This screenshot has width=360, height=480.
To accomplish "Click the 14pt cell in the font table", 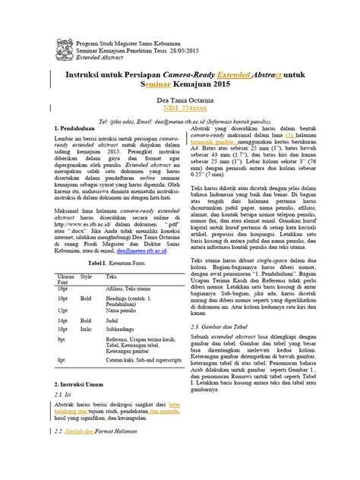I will [x=64, y=363].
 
